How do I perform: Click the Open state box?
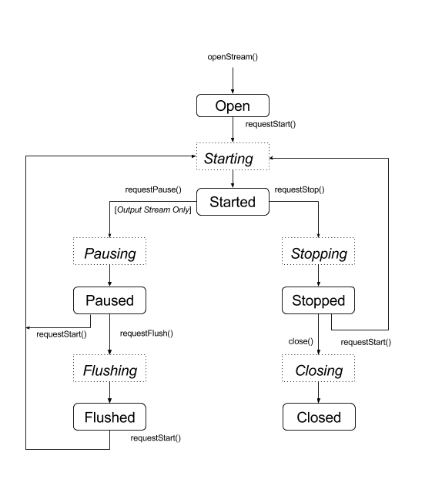233,106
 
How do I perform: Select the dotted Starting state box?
233,159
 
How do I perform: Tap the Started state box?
233,203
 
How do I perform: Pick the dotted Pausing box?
109,253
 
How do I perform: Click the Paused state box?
109,300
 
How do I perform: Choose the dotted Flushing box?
109,370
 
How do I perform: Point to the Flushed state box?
109,417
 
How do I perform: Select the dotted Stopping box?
319,253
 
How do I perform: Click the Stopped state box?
319,300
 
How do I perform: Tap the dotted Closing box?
319,370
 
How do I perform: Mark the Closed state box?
319,417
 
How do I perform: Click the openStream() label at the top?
232,57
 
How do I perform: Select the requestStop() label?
300,188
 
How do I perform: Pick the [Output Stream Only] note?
152,210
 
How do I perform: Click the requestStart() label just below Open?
270,123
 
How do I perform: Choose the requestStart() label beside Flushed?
156,437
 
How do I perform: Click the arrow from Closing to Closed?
319,394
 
